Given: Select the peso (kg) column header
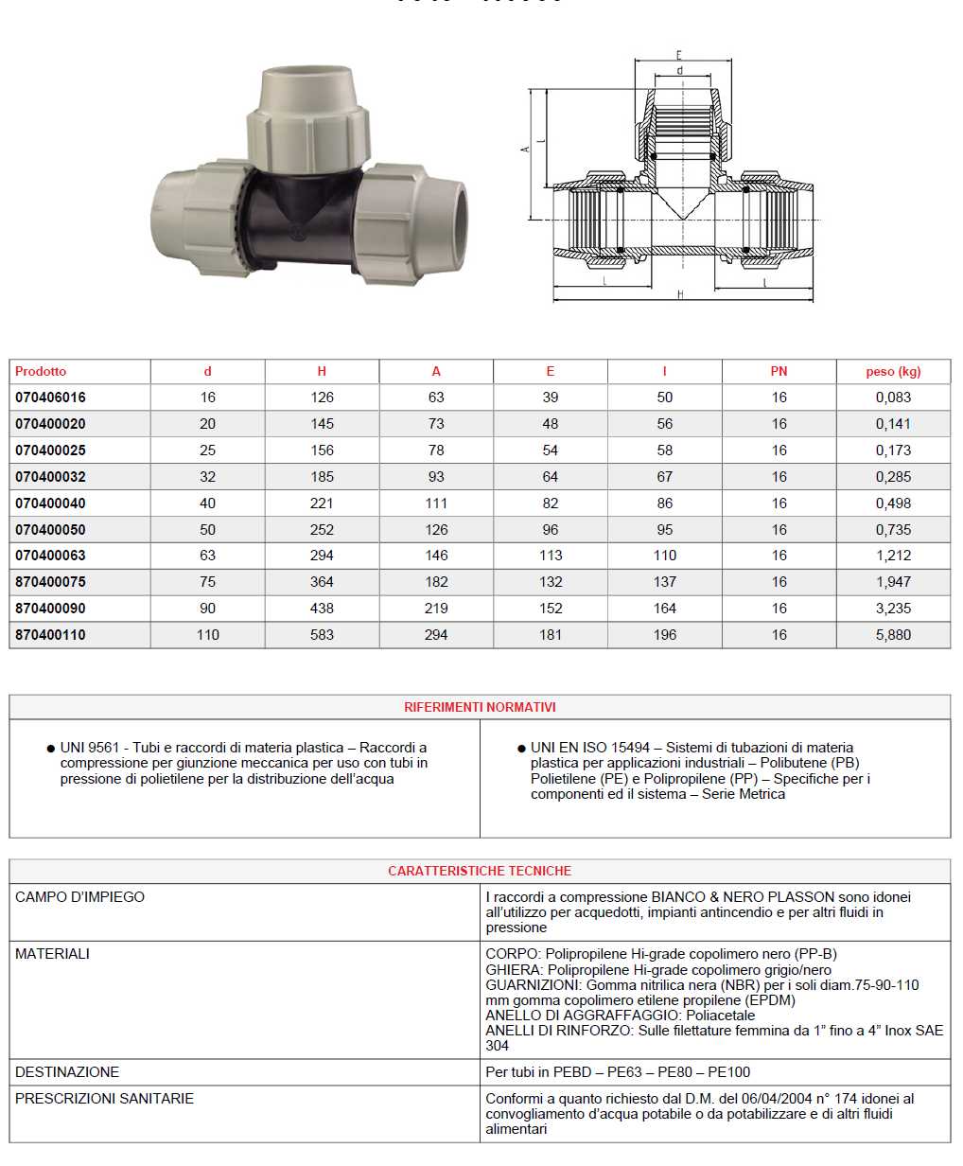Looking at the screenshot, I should tap(892, 371).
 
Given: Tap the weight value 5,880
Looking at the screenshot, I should tap(892, 635).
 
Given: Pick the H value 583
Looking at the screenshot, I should tap(322, 635).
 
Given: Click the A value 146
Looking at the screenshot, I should tap(436, 556).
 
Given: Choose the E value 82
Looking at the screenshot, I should tap(551, 503).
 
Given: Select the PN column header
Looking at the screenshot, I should tap(779, 371).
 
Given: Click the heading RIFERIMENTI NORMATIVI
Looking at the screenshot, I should tap(480, 707).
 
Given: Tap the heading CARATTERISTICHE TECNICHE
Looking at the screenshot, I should tap(480, 871).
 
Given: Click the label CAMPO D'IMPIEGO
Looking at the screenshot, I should tap(80, 897).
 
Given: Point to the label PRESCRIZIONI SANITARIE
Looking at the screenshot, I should tap(104, 1099).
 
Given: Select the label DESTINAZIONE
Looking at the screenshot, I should tap(67, 1072).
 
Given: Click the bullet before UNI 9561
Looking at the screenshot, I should tap(50, 749).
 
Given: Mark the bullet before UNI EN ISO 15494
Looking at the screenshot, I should tap(521, 749).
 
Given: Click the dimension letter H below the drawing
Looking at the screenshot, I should tap(680, 295).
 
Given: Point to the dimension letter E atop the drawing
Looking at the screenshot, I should tap(679, 56).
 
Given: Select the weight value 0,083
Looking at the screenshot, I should tap(892, 397).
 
